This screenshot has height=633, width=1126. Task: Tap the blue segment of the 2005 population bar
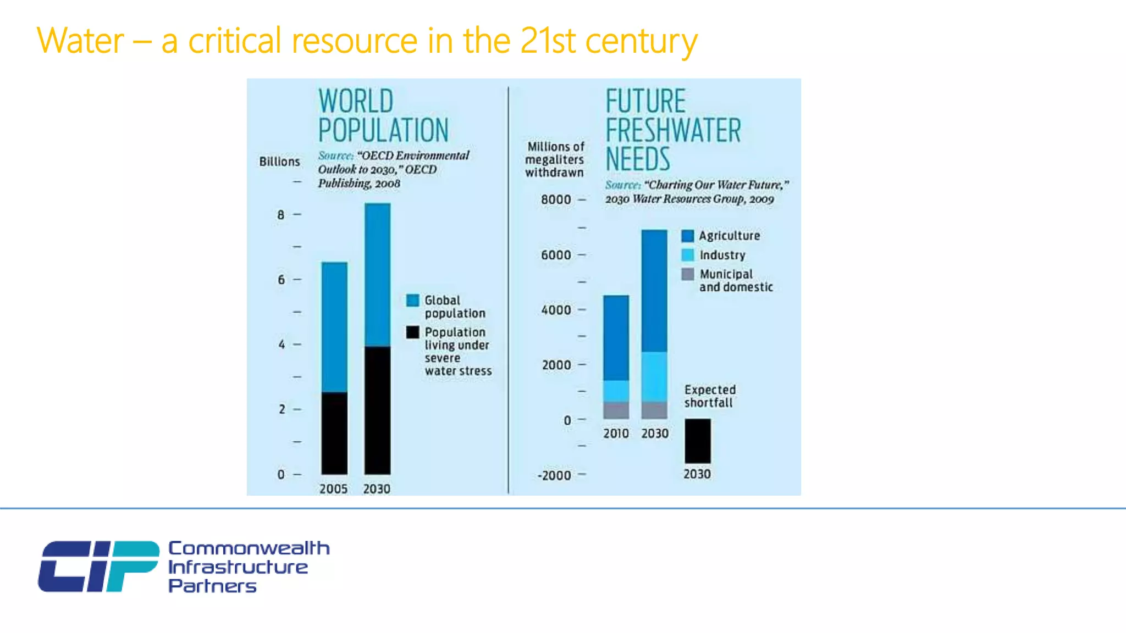coord(334,327)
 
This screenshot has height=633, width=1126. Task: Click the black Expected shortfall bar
coord(697,441)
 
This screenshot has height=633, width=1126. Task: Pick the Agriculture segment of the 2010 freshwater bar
coord(616,337)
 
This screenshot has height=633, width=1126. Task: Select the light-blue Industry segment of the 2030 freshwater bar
coord(654,376)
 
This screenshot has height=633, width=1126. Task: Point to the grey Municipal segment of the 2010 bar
coord(616,410)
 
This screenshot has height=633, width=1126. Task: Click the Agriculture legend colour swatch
coord(687,236)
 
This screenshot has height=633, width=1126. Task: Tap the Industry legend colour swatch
coord(687,255)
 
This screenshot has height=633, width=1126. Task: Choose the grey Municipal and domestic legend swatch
coord(687,274)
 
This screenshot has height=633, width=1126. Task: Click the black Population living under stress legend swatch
coord(412,332)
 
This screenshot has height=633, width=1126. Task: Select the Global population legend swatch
coord(412,301)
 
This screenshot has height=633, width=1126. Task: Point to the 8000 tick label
coord(556,199)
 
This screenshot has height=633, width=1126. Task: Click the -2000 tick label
coord(554,475)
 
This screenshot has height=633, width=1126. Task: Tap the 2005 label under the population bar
coord(333,488)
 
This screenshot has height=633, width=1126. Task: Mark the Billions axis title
coord(279,162)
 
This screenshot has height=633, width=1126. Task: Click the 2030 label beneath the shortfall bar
coord(697,474)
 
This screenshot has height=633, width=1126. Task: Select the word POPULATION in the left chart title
coord(383,130)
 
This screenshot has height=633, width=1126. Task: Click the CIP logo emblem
coord(98,566)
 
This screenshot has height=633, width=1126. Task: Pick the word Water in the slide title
coord(80,41)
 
